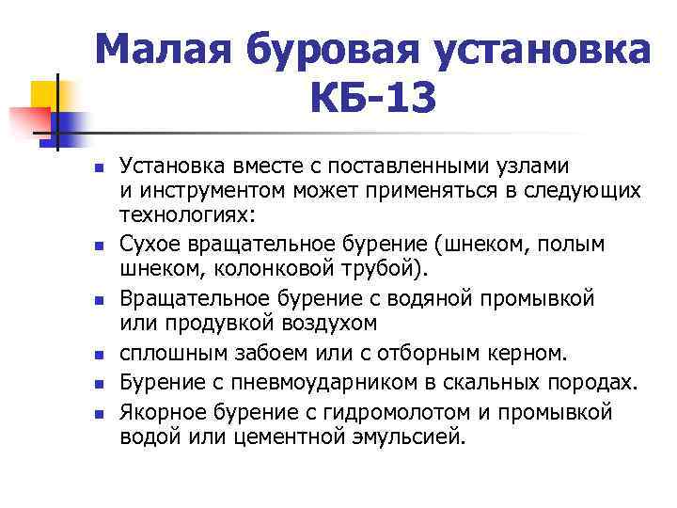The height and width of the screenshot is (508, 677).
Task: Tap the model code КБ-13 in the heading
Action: pos(372,97)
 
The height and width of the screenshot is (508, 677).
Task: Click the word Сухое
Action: pos(149,245)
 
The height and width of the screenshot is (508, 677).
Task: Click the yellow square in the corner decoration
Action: pos(43,94)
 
